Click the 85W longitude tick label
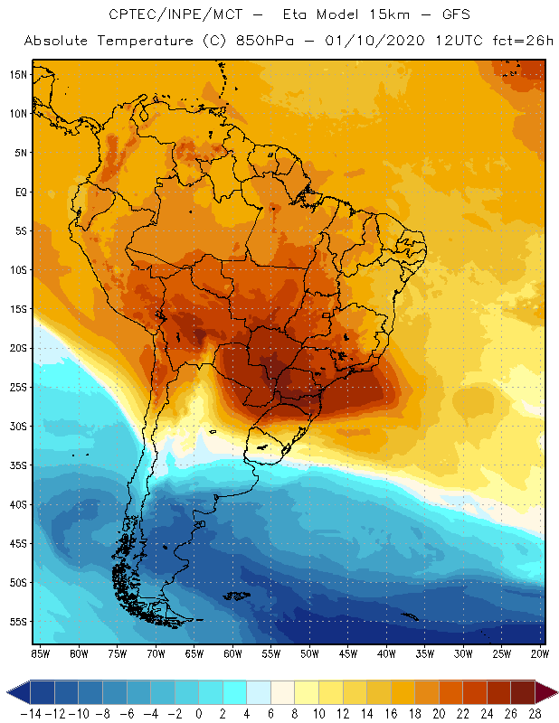40,653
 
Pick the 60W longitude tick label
232,653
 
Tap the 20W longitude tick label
540,653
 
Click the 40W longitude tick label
386,653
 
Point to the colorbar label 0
198,713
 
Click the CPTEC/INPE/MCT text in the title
172,15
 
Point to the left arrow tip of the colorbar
9,693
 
